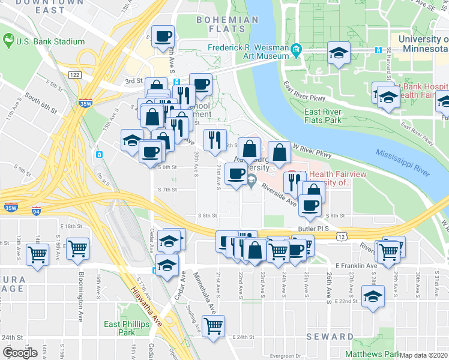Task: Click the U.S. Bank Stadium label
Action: [50, 41]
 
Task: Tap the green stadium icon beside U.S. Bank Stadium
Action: [8, 41]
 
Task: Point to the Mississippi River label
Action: [402, 161]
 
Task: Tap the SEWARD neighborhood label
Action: [330, 337]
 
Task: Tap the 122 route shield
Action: [74, 74]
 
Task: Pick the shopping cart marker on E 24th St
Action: [214, 326]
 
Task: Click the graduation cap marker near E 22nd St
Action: [373, 296]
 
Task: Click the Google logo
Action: [20, 353]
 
